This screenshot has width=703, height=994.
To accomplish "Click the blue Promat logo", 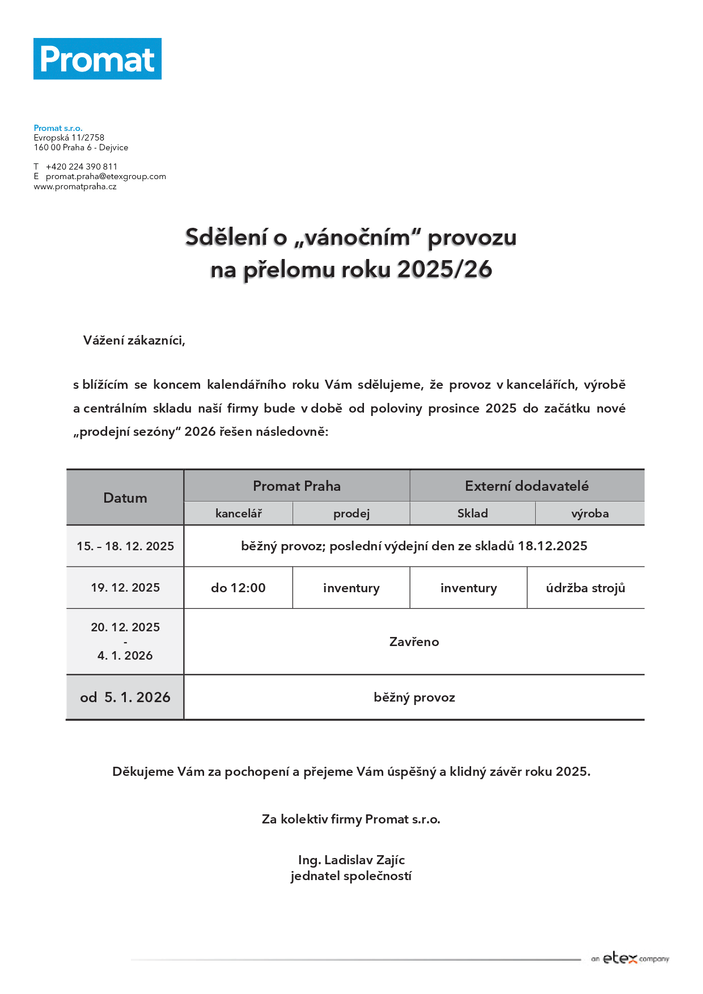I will [x=98, y=59].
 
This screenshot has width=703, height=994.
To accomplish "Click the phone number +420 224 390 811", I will [x=82, y=167].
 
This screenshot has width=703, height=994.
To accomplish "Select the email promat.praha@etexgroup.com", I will [x=106, y=176].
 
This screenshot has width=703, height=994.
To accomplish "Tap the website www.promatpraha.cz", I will [x=75, y=186].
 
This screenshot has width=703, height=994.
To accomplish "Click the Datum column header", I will [x=125, y=498].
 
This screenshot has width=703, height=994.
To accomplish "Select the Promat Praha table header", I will [x=297, y=486].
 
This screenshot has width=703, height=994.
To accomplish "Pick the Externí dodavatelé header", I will [x=527, y=486].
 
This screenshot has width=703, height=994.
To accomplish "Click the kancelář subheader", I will [x=239, y=513].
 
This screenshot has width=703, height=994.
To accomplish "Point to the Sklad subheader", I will [x=472, y=513].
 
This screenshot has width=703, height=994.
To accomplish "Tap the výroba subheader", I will [x=590, y=513].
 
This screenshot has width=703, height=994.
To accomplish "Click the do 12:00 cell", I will [x=238, y=588].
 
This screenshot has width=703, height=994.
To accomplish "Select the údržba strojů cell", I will [x=586, y=588].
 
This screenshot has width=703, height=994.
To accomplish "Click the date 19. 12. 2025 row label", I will [x=125, y=588].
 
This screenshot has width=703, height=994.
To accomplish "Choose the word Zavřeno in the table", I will [x=414, y=642].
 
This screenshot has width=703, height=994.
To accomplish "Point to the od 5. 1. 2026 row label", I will [x=125, y=698].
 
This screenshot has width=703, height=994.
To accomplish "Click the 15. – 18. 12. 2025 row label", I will [x=125, y=546].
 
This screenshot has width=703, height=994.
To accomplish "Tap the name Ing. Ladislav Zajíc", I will [x=351, y=860].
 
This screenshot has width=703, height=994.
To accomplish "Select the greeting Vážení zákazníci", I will [x=134, y=341].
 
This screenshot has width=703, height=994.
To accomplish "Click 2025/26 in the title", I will [x=444, y=270].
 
